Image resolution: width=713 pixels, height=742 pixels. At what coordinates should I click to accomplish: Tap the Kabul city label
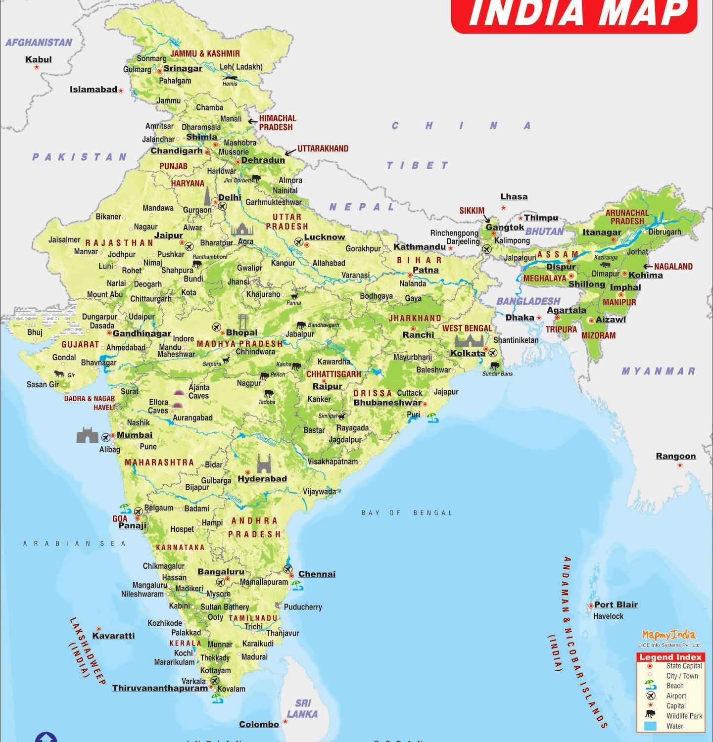(39, 59)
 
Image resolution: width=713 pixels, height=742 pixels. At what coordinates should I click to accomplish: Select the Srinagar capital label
(183, 68)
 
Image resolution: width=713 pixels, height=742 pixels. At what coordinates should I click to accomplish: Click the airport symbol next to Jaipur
(189, 245)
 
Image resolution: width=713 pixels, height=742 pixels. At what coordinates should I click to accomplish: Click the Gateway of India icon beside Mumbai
(87, 435)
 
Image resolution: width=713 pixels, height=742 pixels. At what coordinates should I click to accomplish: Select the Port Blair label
(616, 604)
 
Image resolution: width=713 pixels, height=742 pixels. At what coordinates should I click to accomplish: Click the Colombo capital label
(259, 724)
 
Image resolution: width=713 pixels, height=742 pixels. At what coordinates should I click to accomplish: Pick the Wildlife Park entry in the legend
(684, 716)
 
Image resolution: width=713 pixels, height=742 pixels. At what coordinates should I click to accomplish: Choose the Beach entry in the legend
(674, 686)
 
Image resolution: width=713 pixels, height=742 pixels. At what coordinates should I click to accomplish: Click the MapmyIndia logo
(668, 635)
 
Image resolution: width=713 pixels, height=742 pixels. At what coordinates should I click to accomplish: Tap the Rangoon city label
(675, 456)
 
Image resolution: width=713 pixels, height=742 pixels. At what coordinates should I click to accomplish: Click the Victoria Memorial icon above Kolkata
(469, 341)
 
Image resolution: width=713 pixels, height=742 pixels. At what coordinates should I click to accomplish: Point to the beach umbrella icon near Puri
(433, 417)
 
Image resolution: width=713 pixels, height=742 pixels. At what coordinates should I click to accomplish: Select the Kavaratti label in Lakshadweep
(113, 636)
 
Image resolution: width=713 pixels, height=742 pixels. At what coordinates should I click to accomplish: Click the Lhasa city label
(514, 196)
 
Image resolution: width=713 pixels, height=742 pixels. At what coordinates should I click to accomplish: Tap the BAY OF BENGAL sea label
(407, 513)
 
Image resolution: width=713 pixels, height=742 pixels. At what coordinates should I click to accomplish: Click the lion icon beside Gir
(59, 374)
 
